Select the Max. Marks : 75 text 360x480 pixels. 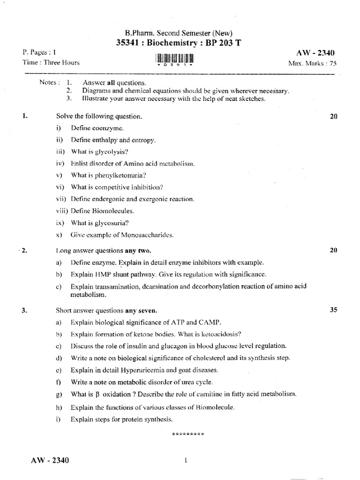(313, 63)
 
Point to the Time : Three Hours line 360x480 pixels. (51, 62)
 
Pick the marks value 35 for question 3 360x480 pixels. (334, 310)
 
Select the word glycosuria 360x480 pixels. (112, 223)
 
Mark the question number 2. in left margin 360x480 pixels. (24, 250)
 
